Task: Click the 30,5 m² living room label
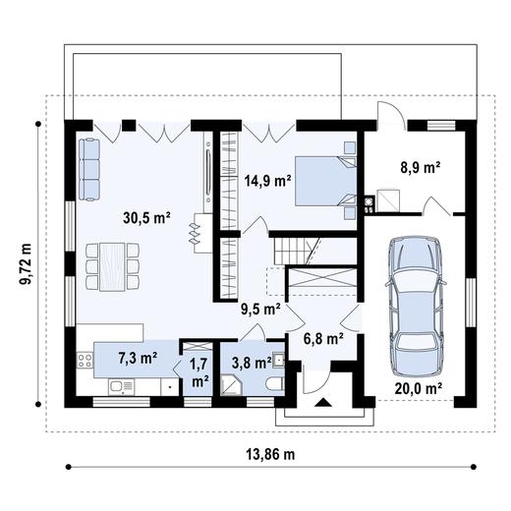146,218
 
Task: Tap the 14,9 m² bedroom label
268,181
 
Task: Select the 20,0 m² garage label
419,388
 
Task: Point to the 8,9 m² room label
421,167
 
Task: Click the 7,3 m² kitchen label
138,358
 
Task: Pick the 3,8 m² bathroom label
252,363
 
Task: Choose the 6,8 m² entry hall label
323,339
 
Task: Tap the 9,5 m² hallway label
260,310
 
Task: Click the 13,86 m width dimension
270,454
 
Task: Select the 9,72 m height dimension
26,264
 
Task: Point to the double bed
325,181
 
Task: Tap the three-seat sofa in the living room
89,169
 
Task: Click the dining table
112,266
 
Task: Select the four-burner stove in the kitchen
85,361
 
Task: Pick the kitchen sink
121,387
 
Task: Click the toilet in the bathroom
275,383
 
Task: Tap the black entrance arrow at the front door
323,402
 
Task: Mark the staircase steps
290,251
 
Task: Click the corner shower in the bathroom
231,385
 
